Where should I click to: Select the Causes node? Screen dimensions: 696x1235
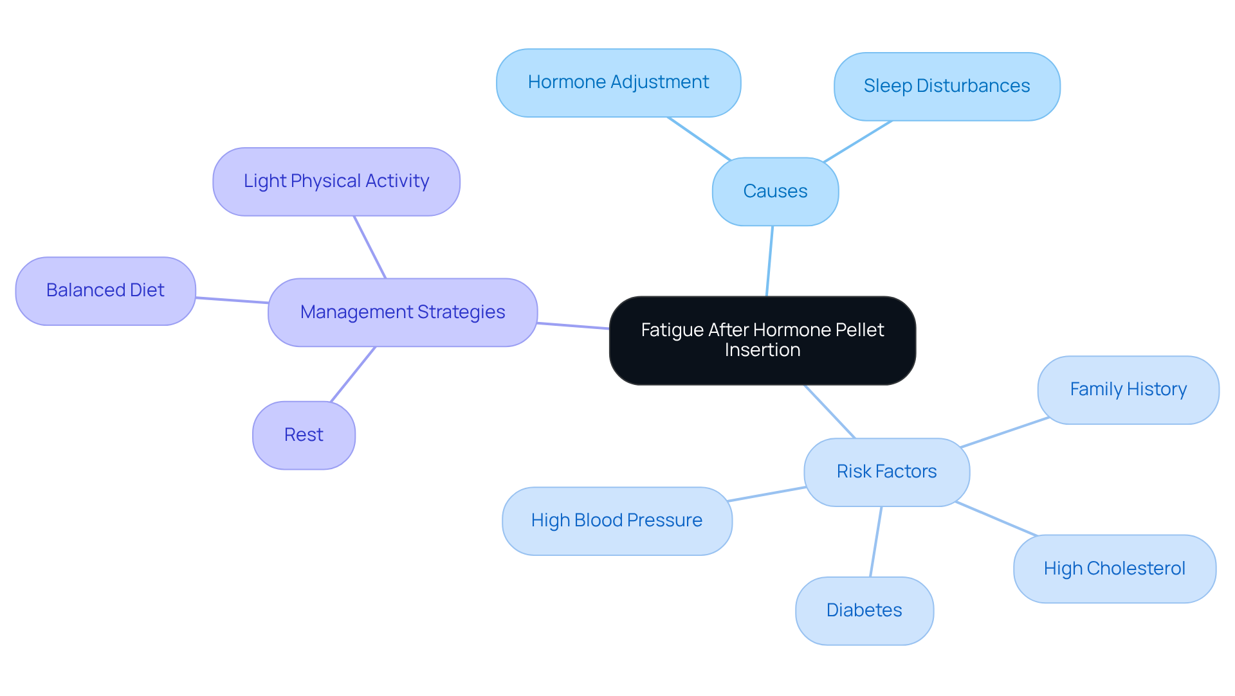click(x=775, y=192)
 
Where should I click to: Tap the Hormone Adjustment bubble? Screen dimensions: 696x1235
click(x=618, y=83)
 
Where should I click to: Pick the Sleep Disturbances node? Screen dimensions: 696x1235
click(x=946, y=87)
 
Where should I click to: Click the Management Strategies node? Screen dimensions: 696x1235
click(x=403, y=312)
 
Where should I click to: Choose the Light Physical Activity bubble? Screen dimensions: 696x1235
click(x=336, y=182)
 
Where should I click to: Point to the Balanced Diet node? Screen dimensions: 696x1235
click(x=105, y=291)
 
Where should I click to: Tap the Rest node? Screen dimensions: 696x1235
click(x=304, y=435)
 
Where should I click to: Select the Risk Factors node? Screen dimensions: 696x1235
click(x=886, y=472)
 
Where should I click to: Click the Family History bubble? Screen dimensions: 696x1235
click(x=1128, y=389)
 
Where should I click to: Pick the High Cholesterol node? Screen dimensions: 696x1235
click(x=1114, y=569)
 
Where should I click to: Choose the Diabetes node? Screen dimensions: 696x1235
click(x=864, y=611)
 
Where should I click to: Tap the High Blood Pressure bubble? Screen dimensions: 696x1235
click(x=617, y=521)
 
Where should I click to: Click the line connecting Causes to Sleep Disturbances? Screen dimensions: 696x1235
click(x=857, y=141)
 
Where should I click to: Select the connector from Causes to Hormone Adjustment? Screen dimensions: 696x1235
click(x=699, y=138)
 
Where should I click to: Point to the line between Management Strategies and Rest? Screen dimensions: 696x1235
click(x=353, y=374)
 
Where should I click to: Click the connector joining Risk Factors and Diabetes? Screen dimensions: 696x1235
click(x=876, y=541)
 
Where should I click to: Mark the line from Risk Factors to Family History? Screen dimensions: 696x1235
click(x=1004, y=433)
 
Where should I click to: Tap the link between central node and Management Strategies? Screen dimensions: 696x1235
click(x=573, y=326)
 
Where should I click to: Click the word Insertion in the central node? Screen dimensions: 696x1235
click(x=762, y=350)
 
